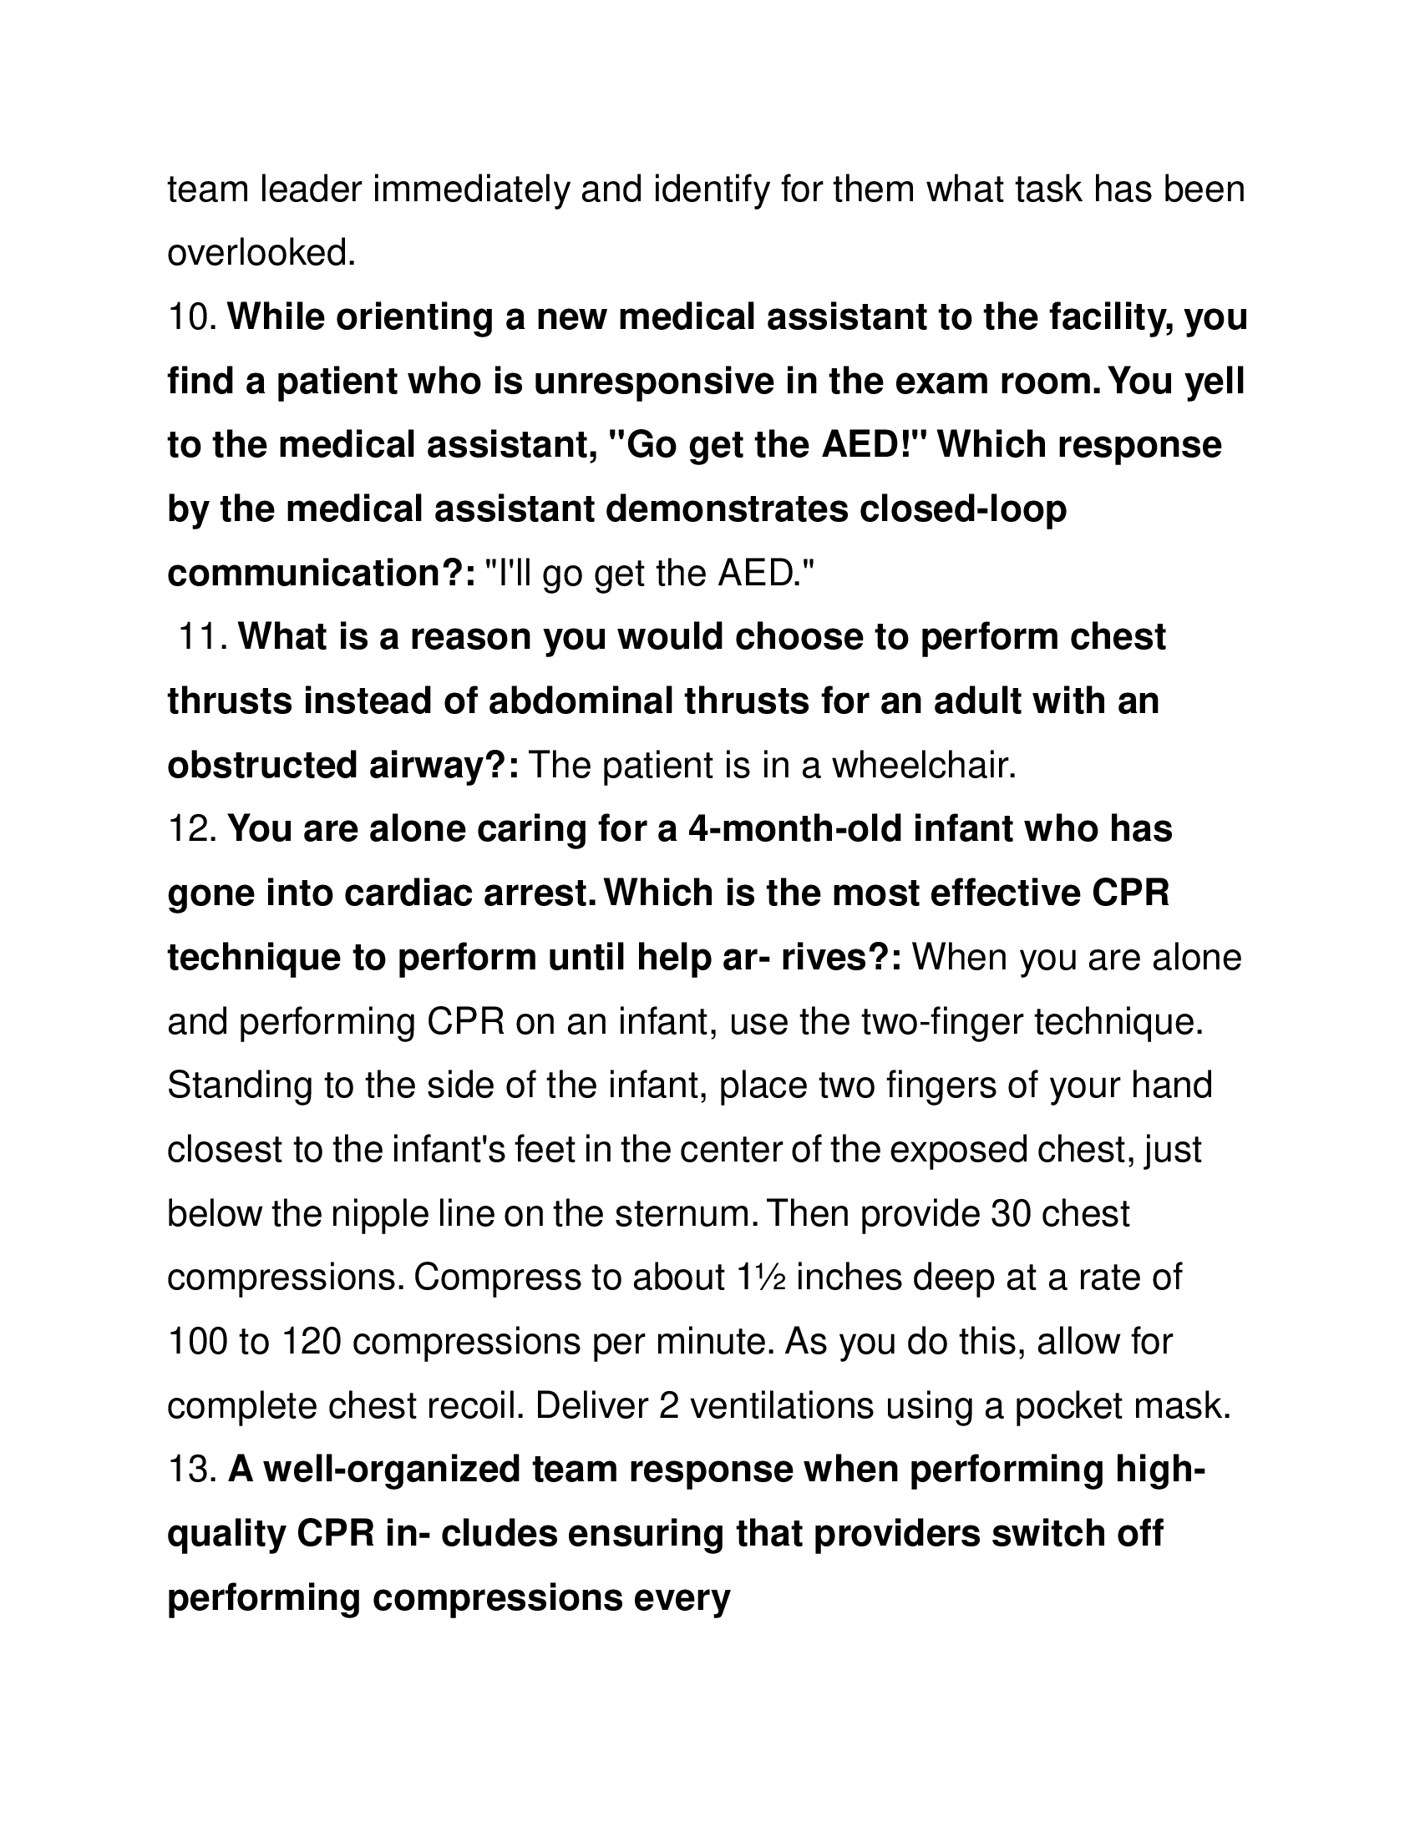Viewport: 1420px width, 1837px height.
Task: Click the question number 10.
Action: (193, 318)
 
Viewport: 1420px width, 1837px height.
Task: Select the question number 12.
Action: (193, 829)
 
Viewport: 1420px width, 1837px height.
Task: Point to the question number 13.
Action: (193, 1469)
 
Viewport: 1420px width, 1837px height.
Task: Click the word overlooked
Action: (261, 253)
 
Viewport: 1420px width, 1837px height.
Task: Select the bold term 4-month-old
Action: (795, 829)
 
